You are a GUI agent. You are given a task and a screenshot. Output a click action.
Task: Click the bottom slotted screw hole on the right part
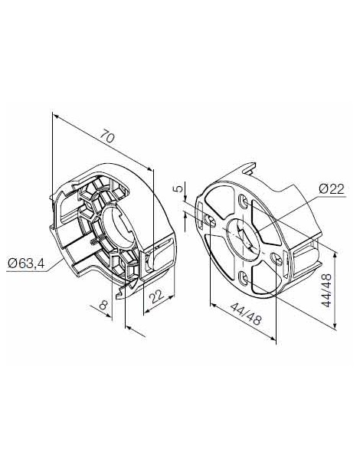click(244, 277)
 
